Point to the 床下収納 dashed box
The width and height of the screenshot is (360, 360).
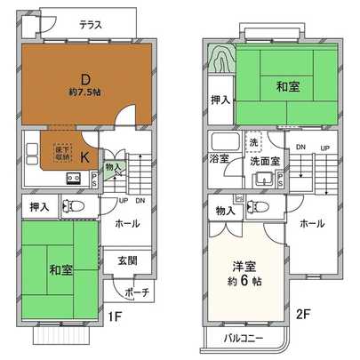(x=60, y=154)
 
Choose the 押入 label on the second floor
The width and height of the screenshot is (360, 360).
(x=220, y=100)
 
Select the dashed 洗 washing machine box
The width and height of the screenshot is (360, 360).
(x=254, y=142)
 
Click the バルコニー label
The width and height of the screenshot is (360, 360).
(x=239, y=339)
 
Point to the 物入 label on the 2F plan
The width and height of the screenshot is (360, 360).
(x=224, y=211)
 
